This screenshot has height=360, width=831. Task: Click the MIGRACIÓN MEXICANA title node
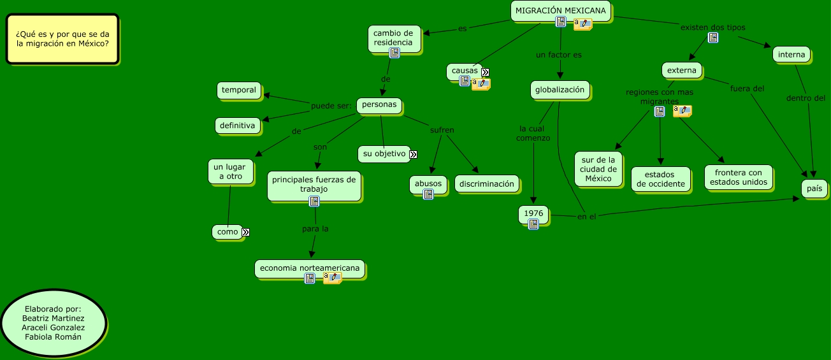[x=561, y=11]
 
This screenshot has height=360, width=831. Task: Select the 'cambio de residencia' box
[x=394, y=38]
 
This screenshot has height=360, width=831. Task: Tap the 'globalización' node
[x=560, y=90]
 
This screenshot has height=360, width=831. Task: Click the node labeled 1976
[x=533, y=212]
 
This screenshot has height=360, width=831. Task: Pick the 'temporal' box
[x=239, y=90]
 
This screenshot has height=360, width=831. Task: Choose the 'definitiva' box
[x=238, y=126]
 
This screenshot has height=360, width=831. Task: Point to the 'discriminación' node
[x=486, y=184]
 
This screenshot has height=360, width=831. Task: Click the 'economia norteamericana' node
[x=310, y=268]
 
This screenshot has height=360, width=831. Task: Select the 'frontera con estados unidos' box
[x=738, y=177]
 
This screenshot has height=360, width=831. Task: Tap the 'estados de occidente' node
[x=660, y=179]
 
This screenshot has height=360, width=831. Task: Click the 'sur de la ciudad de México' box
[x=598, y=169]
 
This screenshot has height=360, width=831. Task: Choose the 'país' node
[x=814, y=188]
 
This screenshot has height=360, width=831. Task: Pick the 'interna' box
[x=791, y=55]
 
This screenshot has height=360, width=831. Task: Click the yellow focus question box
[x=62, y=39]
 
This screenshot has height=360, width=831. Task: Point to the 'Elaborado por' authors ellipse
[x=53, y=322]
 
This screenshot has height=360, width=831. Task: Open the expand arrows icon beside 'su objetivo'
[x=413, y=154]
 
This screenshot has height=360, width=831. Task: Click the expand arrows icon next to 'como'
[x=245, y=233]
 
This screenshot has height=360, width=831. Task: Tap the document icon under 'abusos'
[x=428, y=194]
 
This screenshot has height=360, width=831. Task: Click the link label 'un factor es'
[x=558, y=55]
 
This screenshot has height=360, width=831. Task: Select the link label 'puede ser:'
[x=331, y=106]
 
